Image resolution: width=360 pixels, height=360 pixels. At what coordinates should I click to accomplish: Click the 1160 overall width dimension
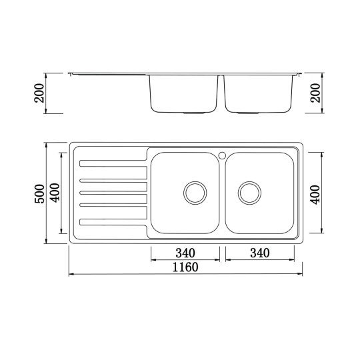click(x=185, y=267)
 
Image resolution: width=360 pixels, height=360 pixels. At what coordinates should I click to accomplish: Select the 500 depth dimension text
click(x=40, y=193)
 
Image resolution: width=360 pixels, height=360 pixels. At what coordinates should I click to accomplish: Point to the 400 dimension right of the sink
click(x=315, y=193)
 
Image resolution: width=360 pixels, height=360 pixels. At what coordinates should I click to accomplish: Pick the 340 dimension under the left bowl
click(x=185, y=253)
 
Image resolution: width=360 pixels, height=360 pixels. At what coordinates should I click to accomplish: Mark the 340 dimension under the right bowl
click(x=259, y=253)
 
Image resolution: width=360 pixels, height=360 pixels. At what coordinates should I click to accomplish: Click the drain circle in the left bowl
click(x=195, y=192)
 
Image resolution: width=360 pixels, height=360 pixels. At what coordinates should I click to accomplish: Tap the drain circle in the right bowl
click(x=249, y=192)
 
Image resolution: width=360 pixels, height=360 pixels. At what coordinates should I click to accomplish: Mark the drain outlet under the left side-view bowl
click(x=195, y=114)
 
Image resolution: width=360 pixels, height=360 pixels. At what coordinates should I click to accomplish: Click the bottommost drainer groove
click(x=113, y=222)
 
